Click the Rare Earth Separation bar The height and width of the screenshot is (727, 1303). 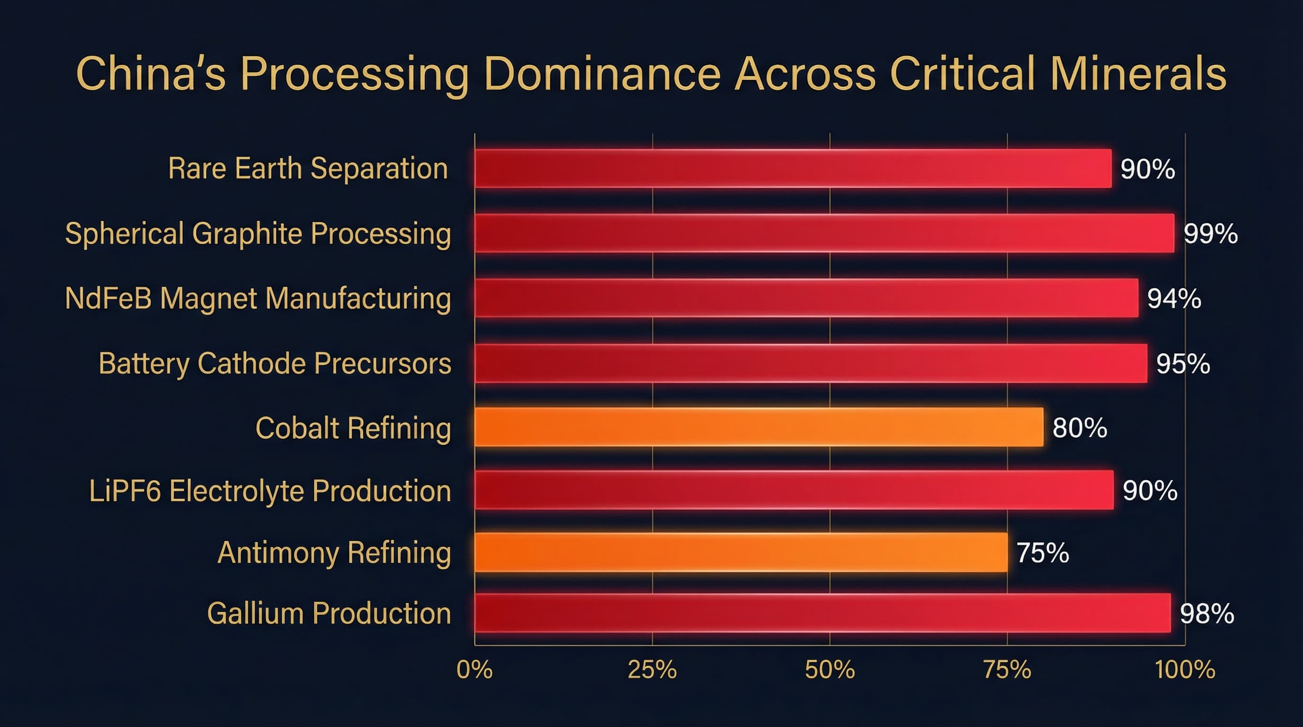coord(793,168)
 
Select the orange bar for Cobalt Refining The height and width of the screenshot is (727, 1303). coord(759,427)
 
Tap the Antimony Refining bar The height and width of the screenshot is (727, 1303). coord(741,552)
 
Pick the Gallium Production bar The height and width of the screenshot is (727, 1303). coord(822,613)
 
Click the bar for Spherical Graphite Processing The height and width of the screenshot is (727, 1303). coord(824,233)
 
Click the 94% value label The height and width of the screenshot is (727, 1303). coord(1174,298)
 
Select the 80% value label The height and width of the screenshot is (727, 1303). coord(1080,428)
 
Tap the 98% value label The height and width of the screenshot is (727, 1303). coord(1207,613)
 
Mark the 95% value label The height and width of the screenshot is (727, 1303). coord(1183,363)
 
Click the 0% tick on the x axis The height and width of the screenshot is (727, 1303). coord(474,670)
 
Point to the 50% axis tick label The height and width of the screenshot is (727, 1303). coord(830,670)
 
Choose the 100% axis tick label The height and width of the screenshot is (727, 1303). coord(1185,670)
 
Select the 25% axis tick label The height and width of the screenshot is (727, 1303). coord(652,670)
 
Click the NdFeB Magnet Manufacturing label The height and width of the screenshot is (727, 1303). coord(258,298)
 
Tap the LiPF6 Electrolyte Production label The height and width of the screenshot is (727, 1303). coord(270,491)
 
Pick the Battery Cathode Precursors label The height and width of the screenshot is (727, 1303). coord(275,363)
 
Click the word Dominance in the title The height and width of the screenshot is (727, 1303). coord(602,74)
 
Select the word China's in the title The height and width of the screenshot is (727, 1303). coord(150,74)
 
